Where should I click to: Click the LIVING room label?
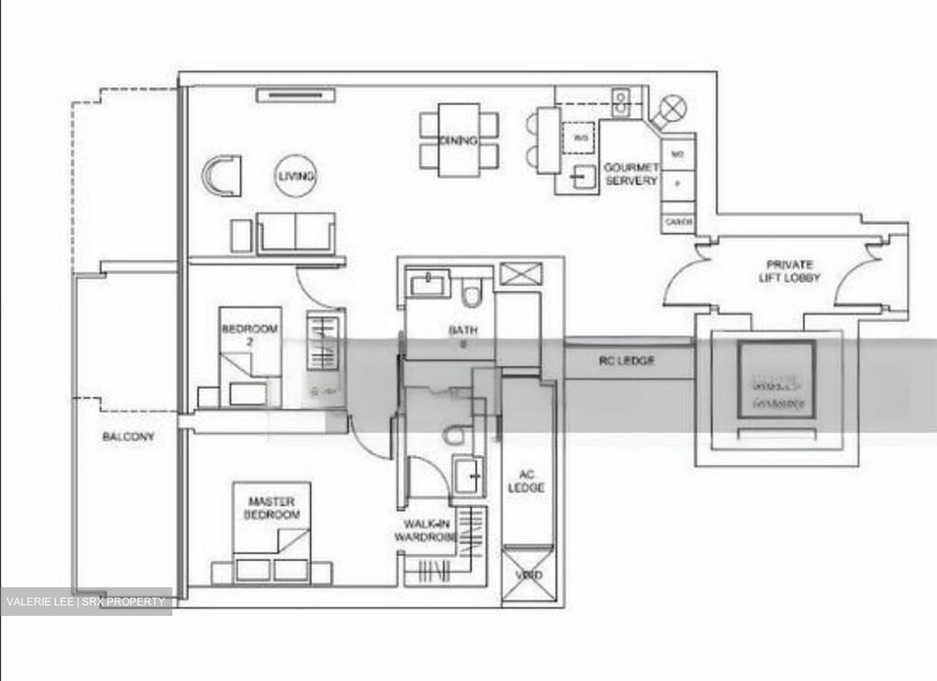tap(297, 176)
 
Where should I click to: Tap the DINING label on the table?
tap(458, 140)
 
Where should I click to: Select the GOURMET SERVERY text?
tap(631, 174)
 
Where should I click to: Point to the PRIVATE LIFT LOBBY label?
tap(789, 271)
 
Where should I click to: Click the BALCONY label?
tap(128, 436)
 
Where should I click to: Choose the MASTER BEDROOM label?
tap(272, 508)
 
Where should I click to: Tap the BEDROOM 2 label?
tap(250, 335)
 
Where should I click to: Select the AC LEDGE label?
tap(526, 481)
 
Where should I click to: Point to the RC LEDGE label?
tap(627, 360)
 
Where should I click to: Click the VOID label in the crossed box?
tap(528, 576)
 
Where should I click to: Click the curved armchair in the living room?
tap(222, 175)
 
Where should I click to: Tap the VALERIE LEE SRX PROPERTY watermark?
tap(86, 602)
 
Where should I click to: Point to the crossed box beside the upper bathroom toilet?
tap(521, 273)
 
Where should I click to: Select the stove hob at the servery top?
tap(621, 103)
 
